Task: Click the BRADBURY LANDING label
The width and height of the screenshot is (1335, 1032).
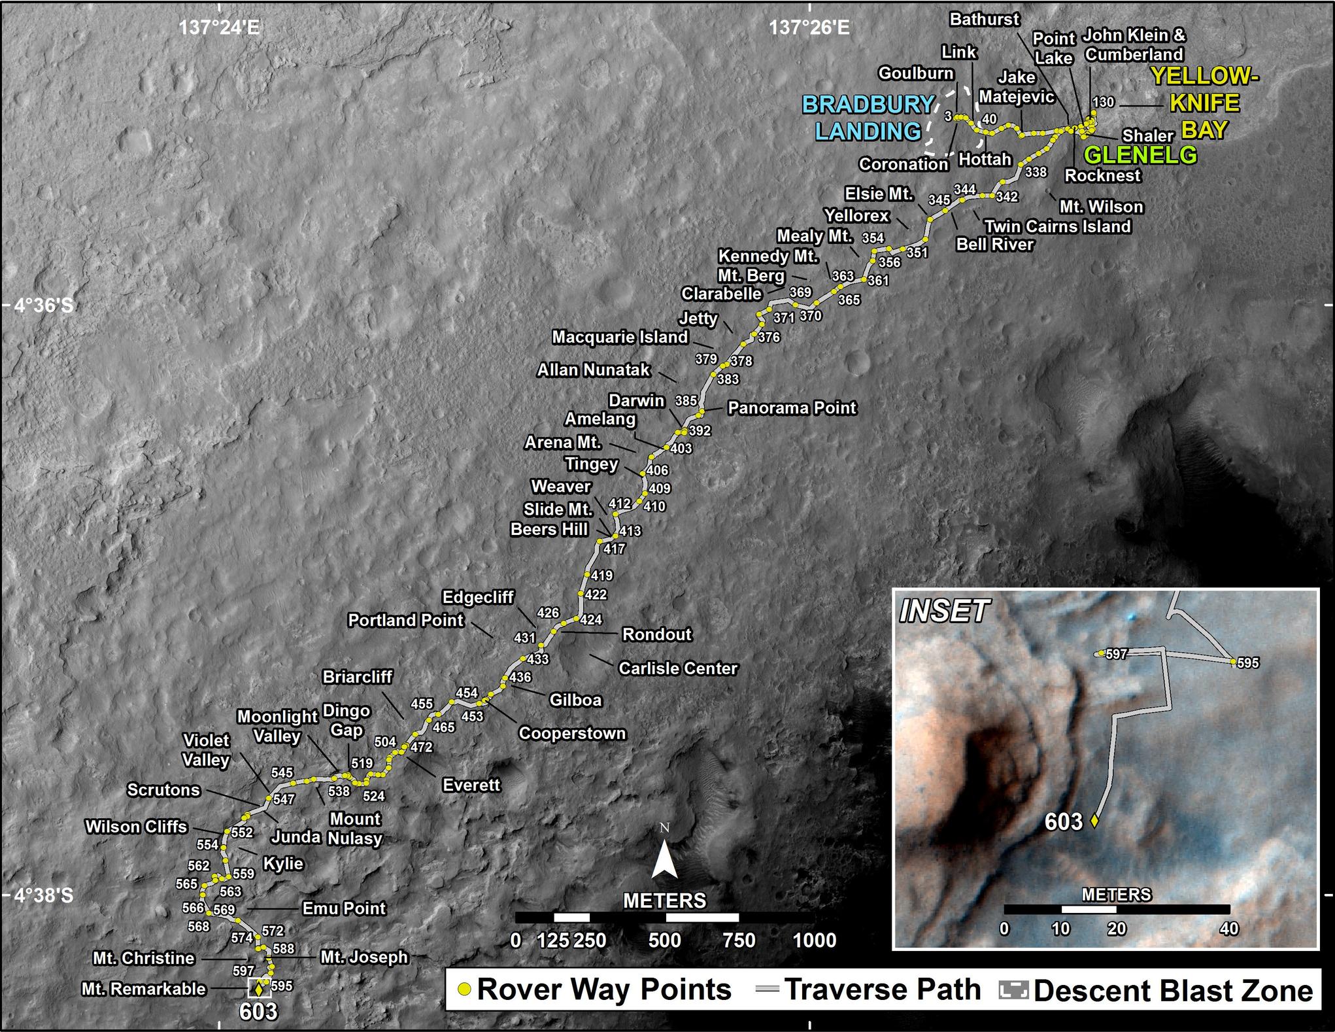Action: tap(868, 118)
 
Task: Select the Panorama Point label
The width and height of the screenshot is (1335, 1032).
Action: tap(792, 408)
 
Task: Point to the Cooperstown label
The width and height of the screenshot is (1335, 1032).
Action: tap(572, 733)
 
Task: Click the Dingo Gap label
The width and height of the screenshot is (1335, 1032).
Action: tap(346, 720)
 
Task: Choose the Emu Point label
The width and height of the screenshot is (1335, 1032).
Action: tap(344, 908)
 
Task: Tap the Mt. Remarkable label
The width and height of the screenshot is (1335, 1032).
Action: tap(144, 989)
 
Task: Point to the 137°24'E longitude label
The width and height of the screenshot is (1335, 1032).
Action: tap(219, 27)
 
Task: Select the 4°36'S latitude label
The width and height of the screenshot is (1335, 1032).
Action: tap(44, 305)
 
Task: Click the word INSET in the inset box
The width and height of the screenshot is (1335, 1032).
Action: tap(944, 611)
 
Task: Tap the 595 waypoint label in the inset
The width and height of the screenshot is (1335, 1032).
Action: tap(1247, 662)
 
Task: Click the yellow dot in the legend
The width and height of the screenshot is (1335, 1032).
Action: tap(464, 989)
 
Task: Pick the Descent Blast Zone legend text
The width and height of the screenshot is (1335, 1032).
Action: tap(1173, 991)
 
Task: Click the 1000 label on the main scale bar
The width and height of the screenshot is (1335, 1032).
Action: tap(815, 940)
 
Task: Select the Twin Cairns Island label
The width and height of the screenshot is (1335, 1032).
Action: tap(1057, 226)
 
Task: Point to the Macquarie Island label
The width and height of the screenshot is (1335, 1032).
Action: tap(620, 337)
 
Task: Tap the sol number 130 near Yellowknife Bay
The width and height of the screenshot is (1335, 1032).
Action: tap(1103, 102)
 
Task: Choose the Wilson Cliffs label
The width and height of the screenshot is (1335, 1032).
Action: tap(136, 827)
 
